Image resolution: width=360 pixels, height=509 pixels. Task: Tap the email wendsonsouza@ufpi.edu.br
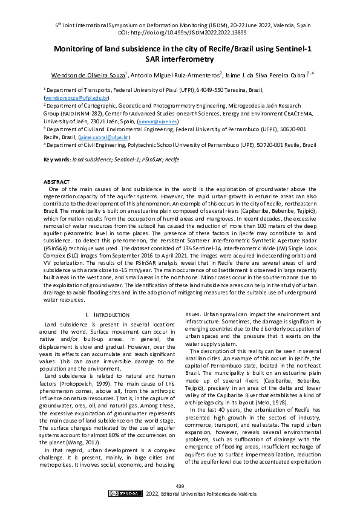[76, 97]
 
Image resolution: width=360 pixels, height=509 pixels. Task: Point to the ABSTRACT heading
[56, 182]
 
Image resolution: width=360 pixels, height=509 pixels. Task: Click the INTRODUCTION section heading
[108, 298]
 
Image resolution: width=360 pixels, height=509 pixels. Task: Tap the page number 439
[180, 487]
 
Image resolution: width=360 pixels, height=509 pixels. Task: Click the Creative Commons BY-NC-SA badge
[125, 494]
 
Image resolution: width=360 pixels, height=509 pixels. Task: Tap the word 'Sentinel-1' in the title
[286, 50]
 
